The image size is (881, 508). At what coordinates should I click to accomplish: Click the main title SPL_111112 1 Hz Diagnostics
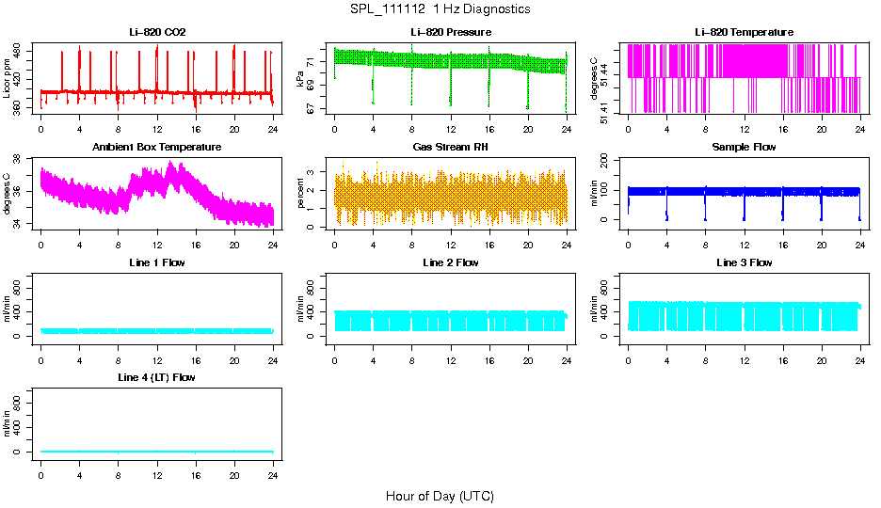(440, 9)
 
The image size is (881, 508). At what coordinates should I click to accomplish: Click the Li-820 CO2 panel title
(157, 33)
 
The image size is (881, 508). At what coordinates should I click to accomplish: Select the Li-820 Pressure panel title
(450, 33)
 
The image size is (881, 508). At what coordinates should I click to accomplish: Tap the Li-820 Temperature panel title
(744, 33)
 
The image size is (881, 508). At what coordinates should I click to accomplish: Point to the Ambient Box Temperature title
(157, 148)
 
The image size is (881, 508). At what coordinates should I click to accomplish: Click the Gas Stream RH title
(450, 148)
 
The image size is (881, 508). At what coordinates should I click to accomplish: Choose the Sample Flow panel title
(744, 148)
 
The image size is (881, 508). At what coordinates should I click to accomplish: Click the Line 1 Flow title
(157, 262)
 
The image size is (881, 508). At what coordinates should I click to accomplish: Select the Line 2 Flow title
(450, 262)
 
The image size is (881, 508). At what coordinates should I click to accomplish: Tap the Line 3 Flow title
(744, 262)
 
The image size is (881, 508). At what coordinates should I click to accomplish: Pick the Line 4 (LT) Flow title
(157, 377)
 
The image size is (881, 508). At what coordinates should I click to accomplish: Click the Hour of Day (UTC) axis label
(440, 496)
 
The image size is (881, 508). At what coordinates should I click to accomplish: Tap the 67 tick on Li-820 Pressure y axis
(322, 110)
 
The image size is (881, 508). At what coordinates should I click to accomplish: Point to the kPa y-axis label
(300, 79)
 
